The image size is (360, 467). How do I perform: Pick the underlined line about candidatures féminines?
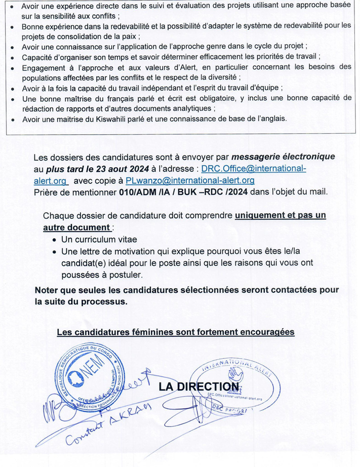(x=175, y=332)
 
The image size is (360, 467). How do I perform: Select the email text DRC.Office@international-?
(x=253, y=169)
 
